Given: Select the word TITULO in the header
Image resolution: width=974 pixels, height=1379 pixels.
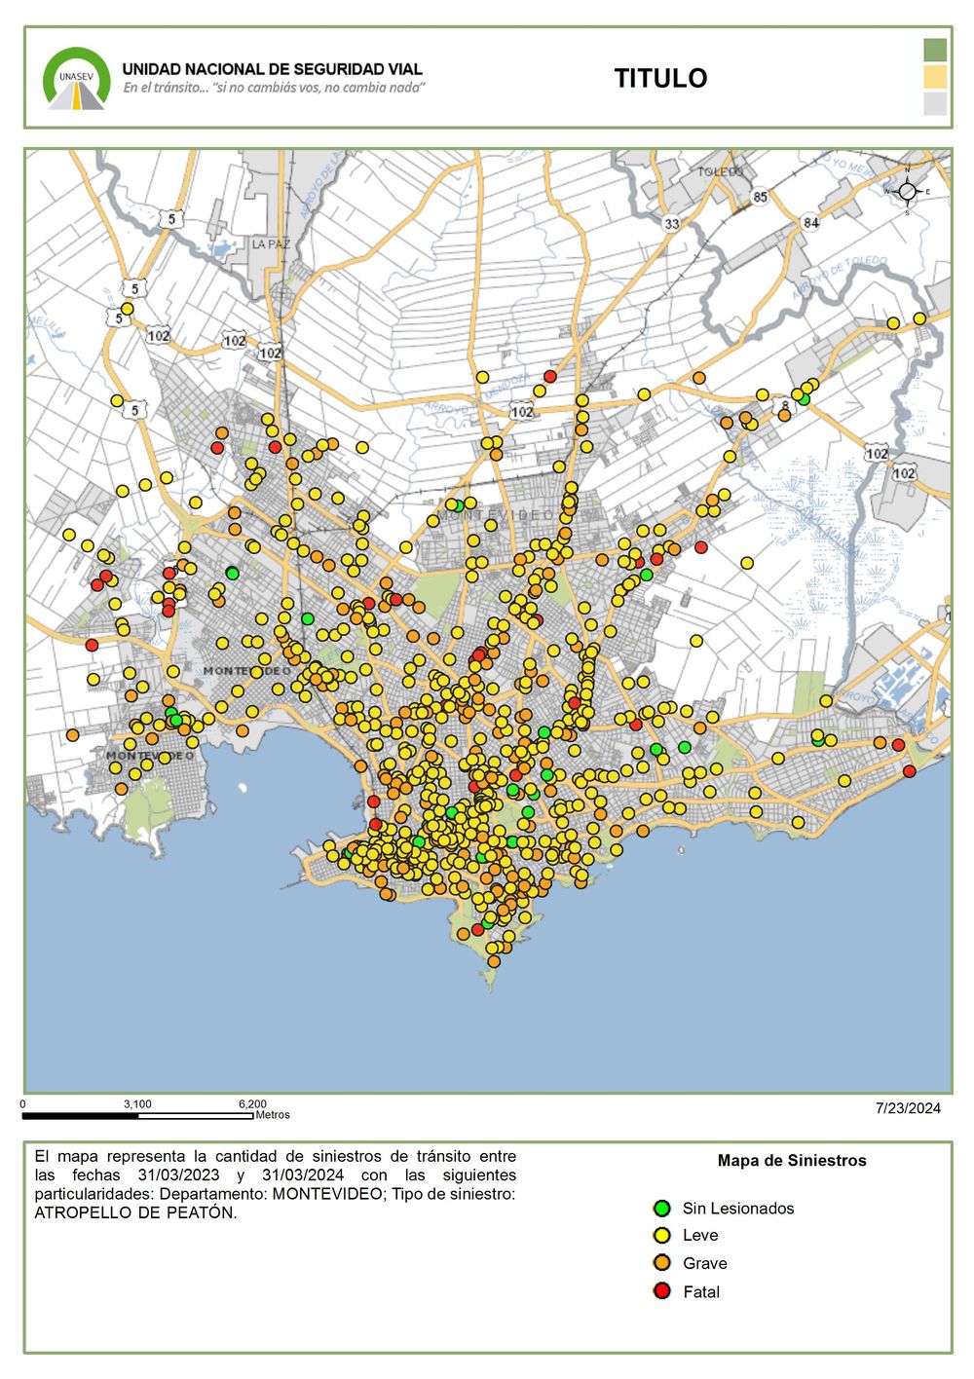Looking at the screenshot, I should [x=660, y=79].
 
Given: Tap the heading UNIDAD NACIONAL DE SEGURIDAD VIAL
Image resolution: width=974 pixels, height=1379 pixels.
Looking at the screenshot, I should [x=272, y=69].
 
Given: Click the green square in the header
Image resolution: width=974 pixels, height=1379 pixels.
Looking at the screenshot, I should [x=935, y=50].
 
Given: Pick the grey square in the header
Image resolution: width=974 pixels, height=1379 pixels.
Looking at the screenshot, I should [x=935, y=103].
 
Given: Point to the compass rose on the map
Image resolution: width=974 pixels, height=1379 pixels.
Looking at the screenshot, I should [x=907, y=191].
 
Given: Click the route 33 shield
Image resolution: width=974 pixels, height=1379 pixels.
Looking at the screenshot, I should [x=671, y=224].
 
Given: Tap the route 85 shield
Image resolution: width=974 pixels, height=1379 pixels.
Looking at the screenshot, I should [x=760, y=198].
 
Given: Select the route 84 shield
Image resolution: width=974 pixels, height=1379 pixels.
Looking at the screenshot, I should [x=810, y=223].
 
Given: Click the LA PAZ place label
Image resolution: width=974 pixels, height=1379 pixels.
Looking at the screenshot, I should [x=271, y=244].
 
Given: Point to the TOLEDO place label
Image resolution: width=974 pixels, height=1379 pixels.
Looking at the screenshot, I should [x=720, y=171].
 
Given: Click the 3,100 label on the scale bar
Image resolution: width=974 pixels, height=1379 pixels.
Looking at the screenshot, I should [x=137, y=1104].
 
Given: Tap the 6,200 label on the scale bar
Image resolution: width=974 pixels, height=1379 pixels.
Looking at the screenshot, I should [x=252, y=1104].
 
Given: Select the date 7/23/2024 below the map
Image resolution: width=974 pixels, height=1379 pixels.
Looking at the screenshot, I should [x=908, y=1108].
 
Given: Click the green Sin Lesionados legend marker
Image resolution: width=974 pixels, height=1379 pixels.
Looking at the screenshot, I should [x=662, y=1209].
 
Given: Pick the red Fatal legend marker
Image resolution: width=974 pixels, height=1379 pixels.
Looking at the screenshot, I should [x=662, y=1291].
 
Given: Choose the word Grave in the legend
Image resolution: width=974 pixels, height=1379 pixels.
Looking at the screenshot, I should [x=704, y=1263].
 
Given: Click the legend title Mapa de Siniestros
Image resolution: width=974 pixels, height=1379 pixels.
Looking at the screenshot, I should [x=792, y=1161].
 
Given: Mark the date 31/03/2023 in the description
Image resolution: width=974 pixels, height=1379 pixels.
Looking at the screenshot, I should [x=180, y=1175].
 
